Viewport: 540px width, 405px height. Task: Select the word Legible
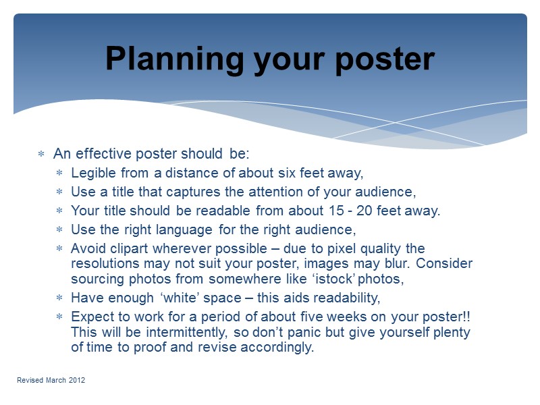92,173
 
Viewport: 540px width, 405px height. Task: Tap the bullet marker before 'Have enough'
59,298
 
